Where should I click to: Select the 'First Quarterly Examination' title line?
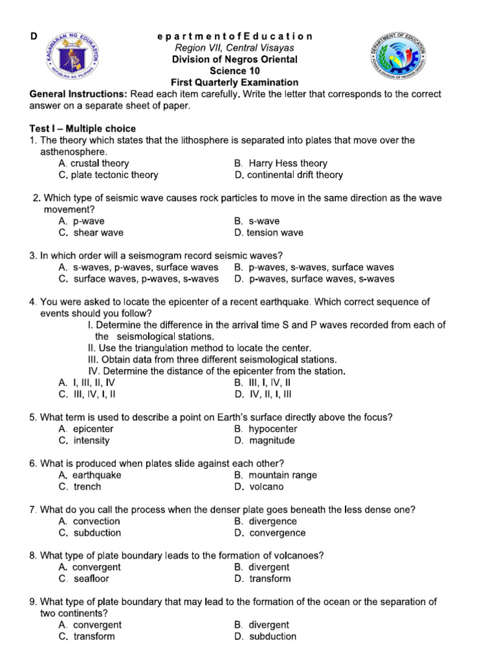pyautogui.click(x=234, y=83)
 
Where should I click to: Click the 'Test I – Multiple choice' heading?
pyautogui.click(x=83, y=129)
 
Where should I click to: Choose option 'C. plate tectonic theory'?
pyautogui.click(x=108, y=175)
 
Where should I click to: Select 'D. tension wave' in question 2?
pyautogui.click(x=269, y=233)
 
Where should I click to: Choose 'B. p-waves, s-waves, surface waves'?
pyautogui.click(x=314, y=268)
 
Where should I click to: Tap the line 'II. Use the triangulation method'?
pyautogui.click(x=199, y=348)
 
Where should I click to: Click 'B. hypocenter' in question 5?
pyautogui.click(x=266, y=429)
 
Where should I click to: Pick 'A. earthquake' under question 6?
pyautogui.click(x=90, y=475)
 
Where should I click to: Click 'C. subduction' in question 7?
pyautogui.click(x=89, y=533)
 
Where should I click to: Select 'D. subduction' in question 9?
pyautogui.click(x=265, y=637)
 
